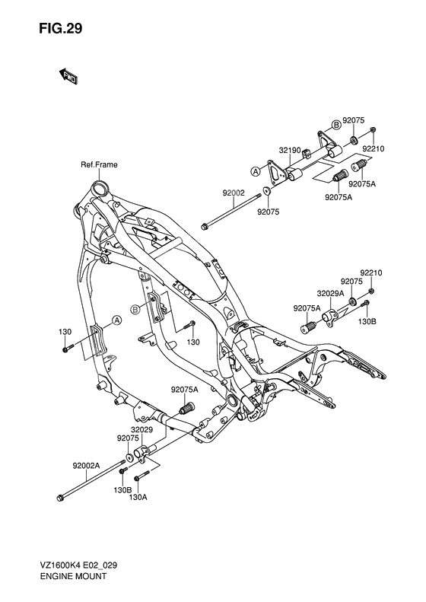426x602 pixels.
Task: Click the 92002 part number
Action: (x=232, y=194)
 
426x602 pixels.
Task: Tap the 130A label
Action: (x=138, y=497)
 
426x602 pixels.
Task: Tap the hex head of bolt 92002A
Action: (x=60, y=499)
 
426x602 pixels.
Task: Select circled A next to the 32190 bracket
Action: (x=256, y=171)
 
